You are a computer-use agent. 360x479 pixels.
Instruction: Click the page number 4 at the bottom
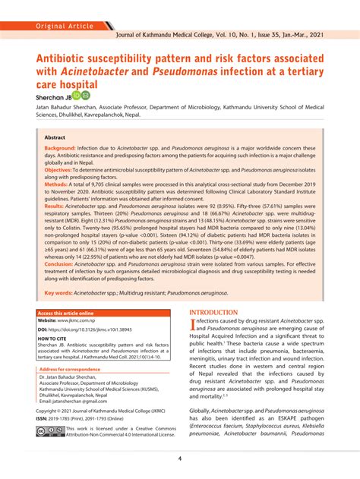point(180,458)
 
